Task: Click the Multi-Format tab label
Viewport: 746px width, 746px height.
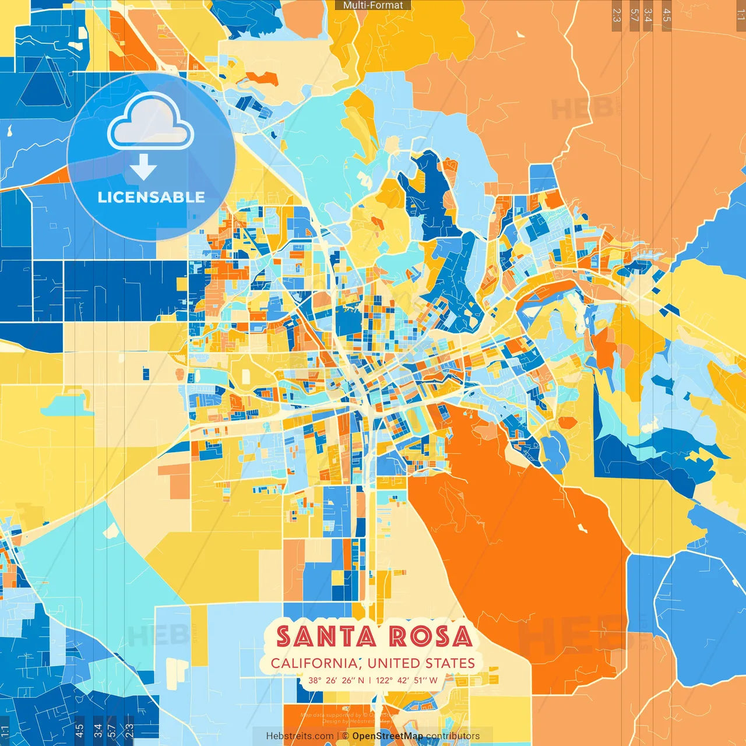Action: (373, 5)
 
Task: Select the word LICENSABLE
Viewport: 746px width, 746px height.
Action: (152, 197)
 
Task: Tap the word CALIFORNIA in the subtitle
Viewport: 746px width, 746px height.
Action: (315, 663)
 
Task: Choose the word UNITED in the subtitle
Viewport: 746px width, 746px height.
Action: (395, 663)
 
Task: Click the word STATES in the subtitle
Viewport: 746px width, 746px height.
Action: (450, 663)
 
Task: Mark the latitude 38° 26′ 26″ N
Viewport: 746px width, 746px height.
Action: (336, 680)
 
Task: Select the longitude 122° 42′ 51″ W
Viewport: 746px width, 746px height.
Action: (406, 680)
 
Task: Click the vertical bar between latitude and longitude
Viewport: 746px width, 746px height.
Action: (370, 680)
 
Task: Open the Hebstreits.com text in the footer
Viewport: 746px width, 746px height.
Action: (300, 736)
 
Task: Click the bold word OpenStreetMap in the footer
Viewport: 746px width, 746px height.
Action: (388, 736)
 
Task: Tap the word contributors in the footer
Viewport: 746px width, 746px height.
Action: (453, 736)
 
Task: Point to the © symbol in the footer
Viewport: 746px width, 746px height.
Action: (346, 736)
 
